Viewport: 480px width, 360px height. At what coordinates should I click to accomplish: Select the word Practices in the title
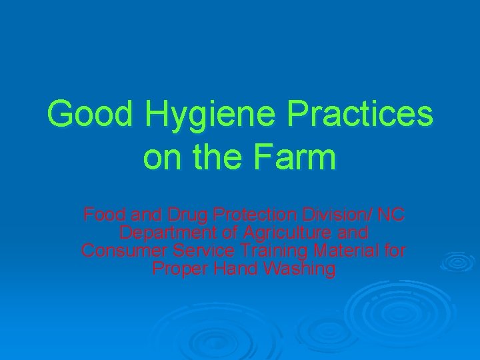pyautogui.click(x=359, y=115)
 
